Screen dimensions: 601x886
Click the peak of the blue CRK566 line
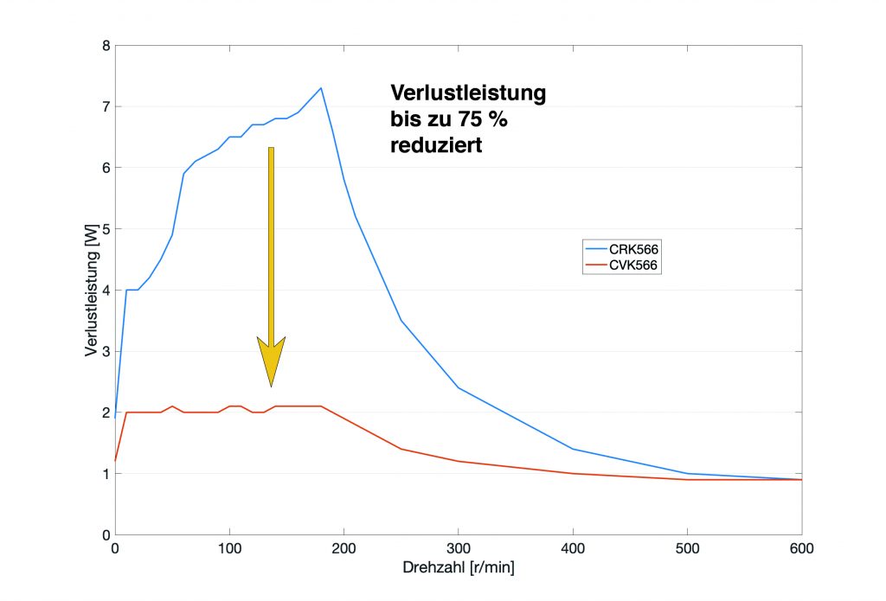321,87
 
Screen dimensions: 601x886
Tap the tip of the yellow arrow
271,386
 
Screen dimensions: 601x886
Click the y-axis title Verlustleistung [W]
91,290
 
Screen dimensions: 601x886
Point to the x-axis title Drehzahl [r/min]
458,570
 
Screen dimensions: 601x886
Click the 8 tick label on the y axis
105,46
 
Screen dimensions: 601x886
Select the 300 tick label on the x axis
459,548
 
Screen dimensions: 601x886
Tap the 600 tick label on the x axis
802,548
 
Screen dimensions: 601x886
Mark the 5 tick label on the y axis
105,229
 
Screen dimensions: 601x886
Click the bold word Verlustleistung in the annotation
468,93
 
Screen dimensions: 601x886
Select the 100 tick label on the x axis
229,548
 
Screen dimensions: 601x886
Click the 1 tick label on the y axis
105,474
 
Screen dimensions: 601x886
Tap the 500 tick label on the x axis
688,548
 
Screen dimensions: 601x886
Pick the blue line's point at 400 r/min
573,449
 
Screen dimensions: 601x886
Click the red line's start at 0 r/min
115,461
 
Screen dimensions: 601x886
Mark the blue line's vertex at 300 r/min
459,387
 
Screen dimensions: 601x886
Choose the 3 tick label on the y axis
105,351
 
